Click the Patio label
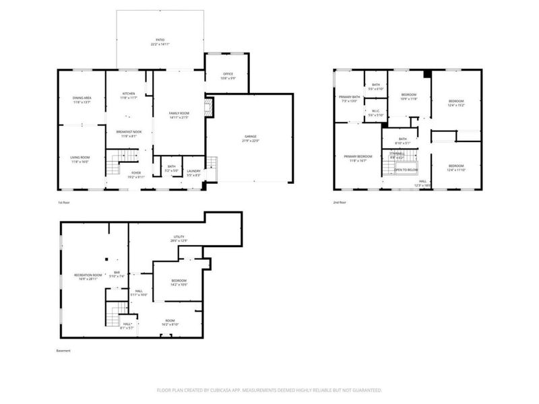[160, 40]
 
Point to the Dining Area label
[82, 99]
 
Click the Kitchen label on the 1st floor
[129, 94]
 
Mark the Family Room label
[179, 113]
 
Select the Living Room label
[80, 158]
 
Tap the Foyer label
[136, 173]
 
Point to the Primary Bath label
[350, 98]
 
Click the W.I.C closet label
[375, 112]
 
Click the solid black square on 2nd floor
[426, 73]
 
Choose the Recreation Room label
[88, 274]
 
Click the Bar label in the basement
[117, 273]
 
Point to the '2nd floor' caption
[340, 202]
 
